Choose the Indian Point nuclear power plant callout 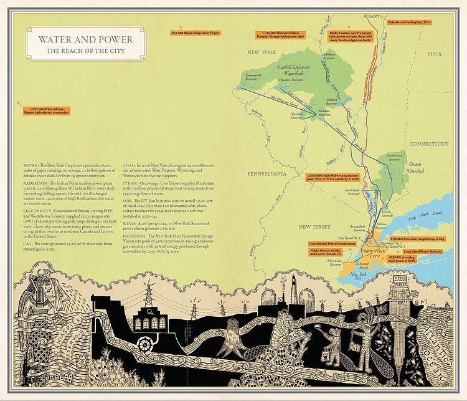point(334,178)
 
